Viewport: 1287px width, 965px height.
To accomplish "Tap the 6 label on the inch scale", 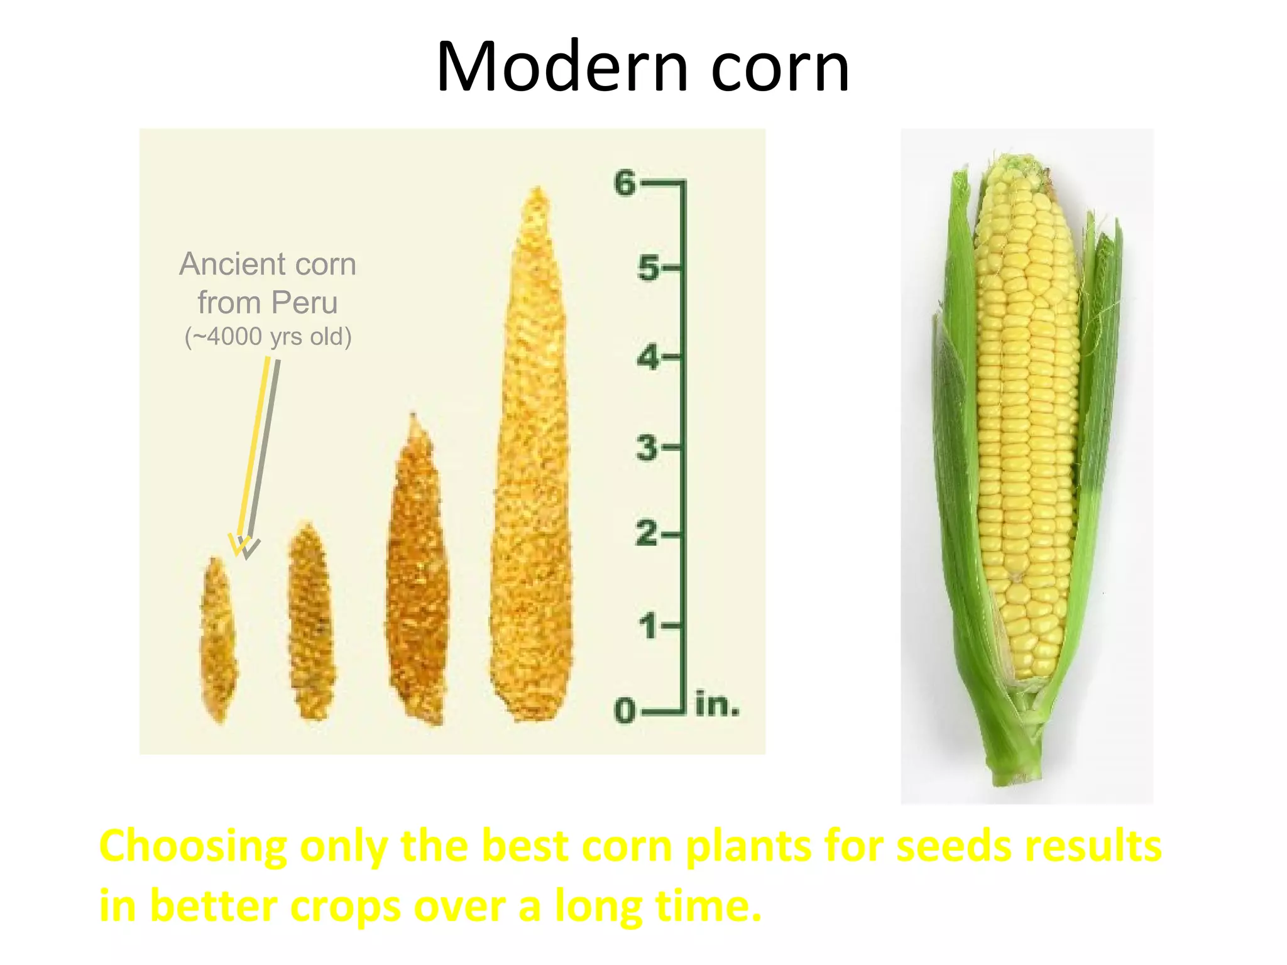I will tap(625, 183).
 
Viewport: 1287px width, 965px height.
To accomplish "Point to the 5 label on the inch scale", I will tap(648, 268).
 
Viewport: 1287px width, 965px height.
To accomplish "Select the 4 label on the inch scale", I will tap(648, 357).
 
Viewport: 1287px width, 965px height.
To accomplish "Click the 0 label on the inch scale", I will tap(625, 711).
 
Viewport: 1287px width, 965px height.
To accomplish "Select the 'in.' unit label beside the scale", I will tap(717, 705).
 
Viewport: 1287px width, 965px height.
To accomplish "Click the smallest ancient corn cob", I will tap(218, 641).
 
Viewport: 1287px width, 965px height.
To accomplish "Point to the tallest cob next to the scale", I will tap(533, 459).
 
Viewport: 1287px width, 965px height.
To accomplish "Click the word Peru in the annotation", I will tap(304, 303).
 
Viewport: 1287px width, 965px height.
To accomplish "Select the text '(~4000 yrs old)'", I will tap(268, 337).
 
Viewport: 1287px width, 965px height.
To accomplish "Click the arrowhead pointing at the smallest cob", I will tap(243, 547).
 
